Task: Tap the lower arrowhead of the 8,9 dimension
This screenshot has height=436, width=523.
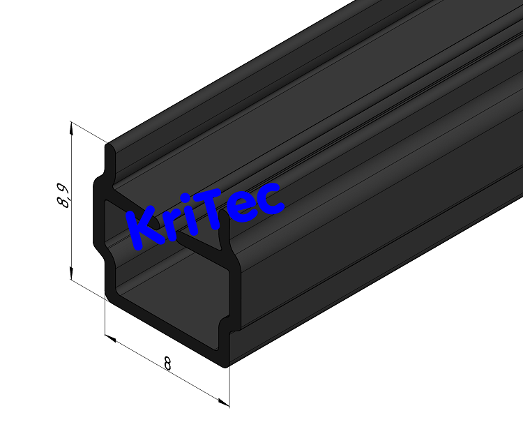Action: (71, 274)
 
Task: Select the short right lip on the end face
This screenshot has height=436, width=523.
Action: (225, 237)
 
